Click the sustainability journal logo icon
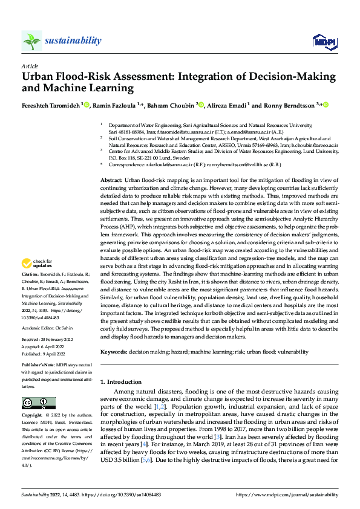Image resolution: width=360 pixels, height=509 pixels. click(x=31, y=41)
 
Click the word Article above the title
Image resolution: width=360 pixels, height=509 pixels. click(x=29, y=66)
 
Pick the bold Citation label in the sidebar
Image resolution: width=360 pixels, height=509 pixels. click(x=32, y=273)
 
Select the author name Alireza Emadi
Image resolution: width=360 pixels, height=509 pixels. click(x=227, y=105)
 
